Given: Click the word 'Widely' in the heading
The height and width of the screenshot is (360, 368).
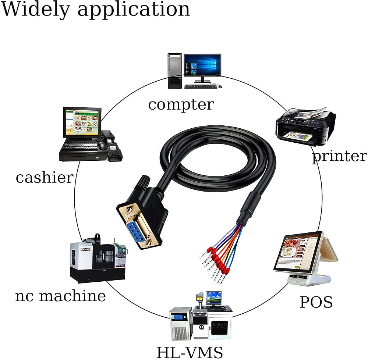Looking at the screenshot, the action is [x=36, y=10].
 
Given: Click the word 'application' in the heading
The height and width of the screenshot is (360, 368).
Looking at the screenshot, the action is [x=134, y=10].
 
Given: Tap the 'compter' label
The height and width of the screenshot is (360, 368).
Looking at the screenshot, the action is [x=181, y=104].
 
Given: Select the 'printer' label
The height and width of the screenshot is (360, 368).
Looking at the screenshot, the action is [x=340, y=156].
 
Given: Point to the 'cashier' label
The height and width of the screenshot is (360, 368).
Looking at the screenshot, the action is [x=45, y=177].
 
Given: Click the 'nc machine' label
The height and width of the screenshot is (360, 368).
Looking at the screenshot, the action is [x=60, y=296].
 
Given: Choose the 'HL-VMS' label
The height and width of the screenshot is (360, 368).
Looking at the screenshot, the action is [x=190, y=352].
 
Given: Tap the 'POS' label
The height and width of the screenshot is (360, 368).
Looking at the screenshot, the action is [x=316, y=302].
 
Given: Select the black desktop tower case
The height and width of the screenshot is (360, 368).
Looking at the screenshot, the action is [x=175, y=71].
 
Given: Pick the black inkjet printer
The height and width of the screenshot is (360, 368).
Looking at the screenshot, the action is [x=305, y=126].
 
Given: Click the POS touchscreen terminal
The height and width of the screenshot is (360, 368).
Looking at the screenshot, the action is [x=306, y=258].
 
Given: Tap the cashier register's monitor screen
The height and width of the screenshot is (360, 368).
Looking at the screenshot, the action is [x=82, y=122].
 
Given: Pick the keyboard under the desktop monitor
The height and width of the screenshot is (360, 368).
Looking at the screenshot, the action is [x=201, y=86].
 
